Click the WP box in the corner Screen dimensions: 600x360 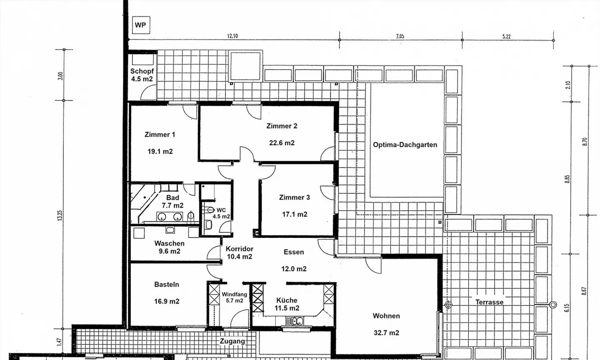[141, 25]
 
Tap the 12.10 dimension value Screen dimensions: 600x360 [232, 36]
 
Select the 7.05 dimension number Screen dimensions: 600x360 [400, 36]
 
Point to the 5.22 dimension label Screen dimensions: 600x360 [506, 36]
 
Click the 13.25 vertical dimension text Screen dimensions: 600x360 [60, 215]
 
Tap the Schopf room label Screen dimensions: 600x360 [142, 71]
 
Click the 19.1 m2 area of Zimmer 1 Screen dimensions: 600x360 [160, 152]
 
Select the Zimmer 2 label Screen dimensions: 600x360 [282, 126]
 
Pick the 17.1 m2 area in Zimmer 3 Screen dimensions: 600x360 [295, 214]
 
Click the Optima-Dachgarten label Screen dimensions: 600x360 [405, 145]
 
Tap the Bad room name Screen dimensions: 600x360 [172, 197]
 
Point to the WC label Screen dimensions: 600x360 [221, 210]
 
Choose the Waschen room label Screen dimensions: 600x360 [170, 243]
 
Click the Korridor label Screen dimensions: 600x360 [240, 249]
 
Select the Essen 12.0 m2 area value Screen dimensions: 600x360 [294, 269]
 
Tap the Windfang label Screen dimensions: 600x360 [234, 294]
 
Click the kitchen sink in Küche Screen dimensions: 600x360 [294, 321]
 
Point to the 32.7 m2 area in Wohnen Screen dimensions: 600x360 [387, 333]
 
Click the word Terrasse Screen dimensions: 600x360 [489, 302]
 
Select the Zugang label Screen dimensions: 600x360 [232, 341]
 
